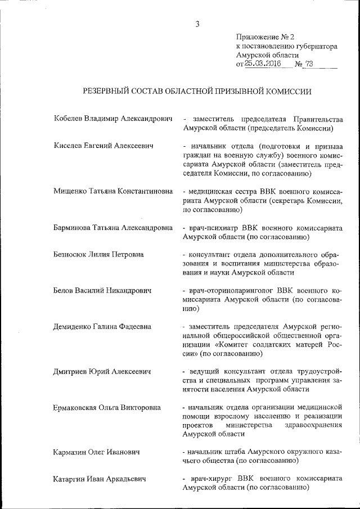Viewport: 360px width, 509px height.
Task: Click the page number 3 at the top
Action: point(197,24)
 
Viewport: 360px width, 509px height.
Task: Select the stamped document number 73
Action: point(308,64)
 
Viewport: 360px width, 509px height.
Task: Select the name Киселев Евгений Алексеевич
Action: point(103,146)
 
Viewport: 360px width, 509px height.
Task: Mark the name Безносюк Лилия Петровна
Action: point(98,254)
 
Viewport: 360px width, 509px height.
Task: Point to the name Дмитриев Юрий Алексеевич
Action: point(103,372)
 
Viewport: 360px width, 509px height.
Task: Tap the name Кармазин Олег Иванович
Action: point(96,452)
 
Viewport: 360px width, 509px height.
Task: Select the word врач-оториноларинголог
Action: point(229,291)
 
